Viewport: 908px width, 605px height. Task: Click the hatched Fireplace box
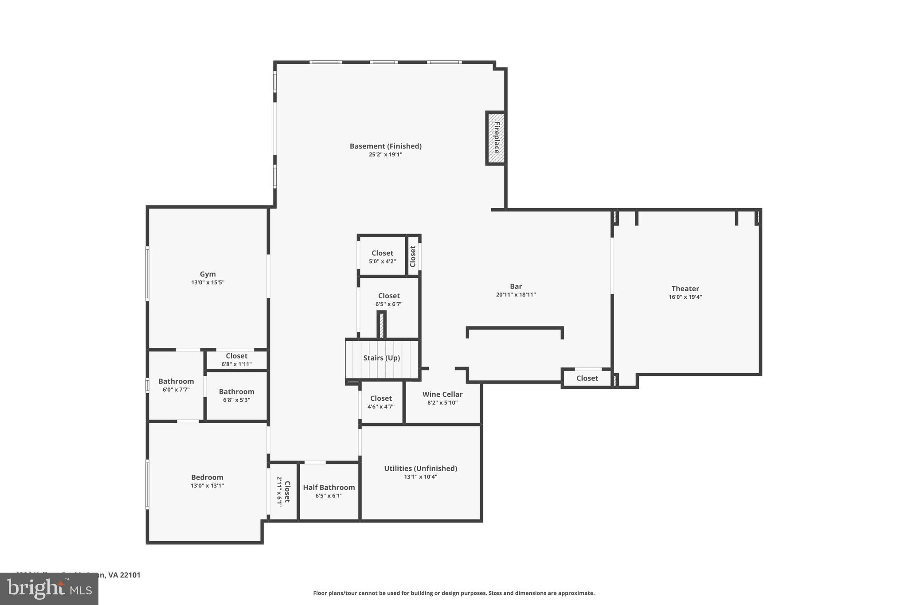coord(496,138)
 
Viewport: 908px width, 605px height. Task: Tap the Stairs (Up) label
coord(381,358)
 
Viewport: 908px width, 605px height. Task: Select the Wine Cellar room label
coord(442,394)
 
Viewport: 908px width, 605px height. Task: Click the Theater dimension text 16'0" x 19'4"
coord(685,297)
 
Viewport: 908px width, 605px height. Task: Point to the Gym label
coord(207,274)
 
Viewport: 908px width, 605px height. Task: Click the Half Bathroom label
coord(329,487)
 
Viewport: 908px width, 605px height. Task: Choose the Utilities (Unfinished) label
coord(420,468)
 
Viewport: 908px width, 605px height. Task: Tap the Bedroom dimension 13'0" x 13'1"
coord(207,485)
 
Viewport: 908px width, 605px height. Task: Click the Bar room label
coord(516,286)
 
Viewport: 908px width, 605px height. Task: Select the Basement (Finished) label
coord(385,146)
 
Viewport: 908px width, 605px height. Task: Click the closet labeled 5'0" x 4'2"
coord(382,257)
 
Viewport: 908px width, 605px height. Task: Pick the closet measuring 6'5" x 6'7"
coord(389,299)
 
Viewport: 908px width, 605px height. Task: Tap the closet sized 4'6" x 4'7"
coord(381,402)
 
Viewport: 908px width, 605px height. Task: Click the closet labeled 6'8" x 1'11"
coord(236,359)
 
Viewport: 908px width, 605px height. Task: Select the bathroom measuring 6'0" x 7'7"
coord(176,385)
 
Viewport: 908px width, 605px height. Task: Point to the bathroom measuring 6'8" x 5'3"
coord(236,395)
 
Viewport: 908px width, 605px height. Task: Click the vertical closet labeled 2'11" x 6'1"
coord(283,491)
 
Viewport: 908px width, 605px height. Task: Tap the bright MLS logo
coord(49,589)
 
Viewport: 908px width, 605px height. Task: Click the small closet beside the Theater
coord(587,378)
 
